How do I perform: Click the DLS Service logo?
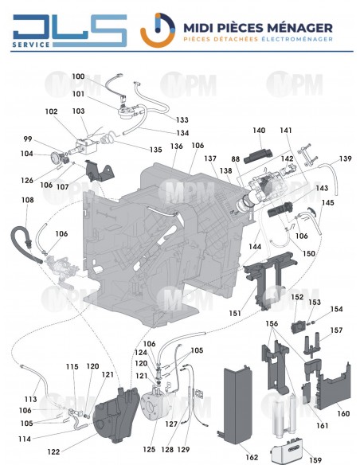69,30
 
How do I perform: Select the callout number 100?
78,76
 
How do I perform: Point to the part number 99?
29,139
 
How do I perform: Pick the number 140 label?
259,131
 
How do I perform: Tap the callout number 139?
345,159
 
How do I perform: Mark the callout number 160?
343,414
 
